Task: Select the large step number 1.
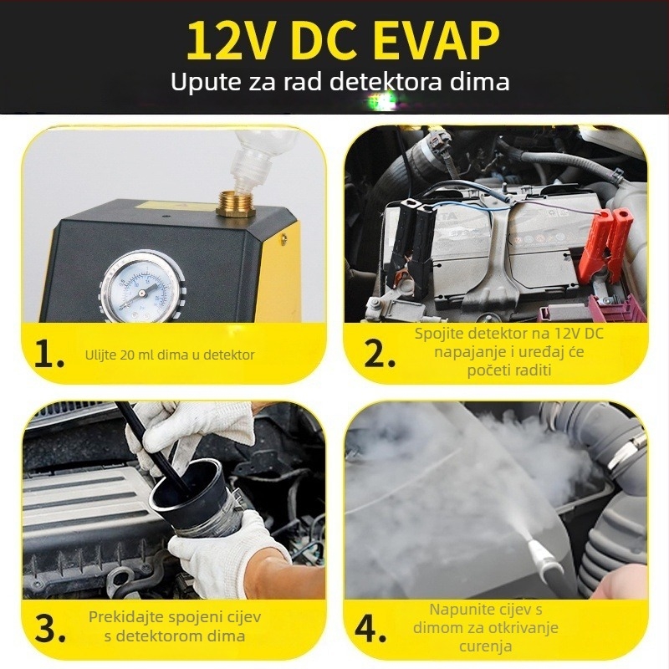coord(49,353)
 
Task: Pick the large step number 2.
coord(380,353)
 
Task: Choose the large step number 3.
coord(50,628)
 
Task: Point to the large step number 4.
coord(370,628)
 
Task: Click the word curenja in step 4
coord(486,646)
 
